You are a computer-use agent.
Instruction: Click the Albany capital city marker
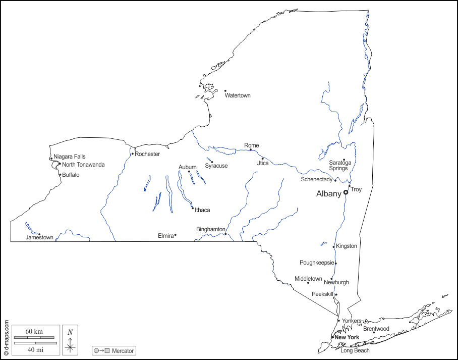click(x=346, y=192)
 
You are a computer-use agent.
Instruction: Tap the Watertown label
click(x=238, y=95)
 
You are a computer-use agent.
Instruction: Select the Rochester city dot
click(x=132, y=154)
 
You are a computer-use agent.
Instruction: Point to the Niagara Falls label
click(x=70, y=157)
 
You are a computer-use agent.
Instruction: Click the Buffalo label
click(x=71, y=175)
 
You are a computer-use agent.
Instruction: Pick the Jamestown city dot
click(x=39, y=234)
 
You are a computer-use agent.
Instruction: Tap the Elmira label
click(x=165, y=236)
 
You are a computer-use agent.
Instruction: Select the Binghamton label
click(x=210, y=229)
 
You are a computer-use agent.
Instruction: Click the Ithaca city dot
click(x=192, y=208)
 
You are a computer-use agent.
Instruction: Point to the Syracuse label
click(x=216, y=166)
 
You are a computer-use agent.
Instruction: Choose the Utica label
click(x=262, y=163)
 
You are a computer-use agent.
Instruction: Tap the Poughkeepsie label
click(x=317, y=263)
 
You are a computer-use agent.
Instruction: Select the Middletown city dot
click(x=308, y=283)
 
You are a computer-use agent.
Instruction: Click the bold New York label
click(x=347, y=337)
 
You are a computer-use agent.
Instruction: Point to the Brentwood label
click(x=376, y=329)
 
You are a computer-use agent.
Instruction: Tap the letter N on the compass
click(x=71, y=332)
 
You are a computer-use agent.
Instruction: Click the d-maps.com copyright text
click(x=6, y=337)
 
